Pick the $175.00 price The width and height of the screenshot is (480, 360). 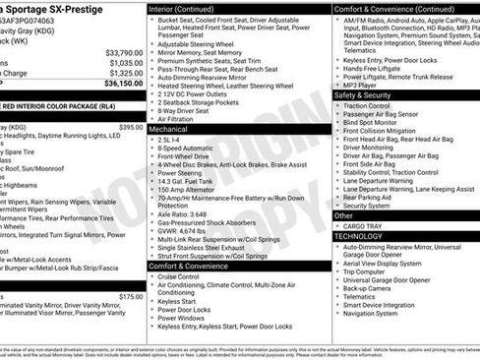point(131,296)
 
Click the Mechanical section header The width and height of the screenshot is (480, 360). point(169,128)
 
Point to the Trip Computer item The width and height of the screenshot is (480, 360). point(371,270)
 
